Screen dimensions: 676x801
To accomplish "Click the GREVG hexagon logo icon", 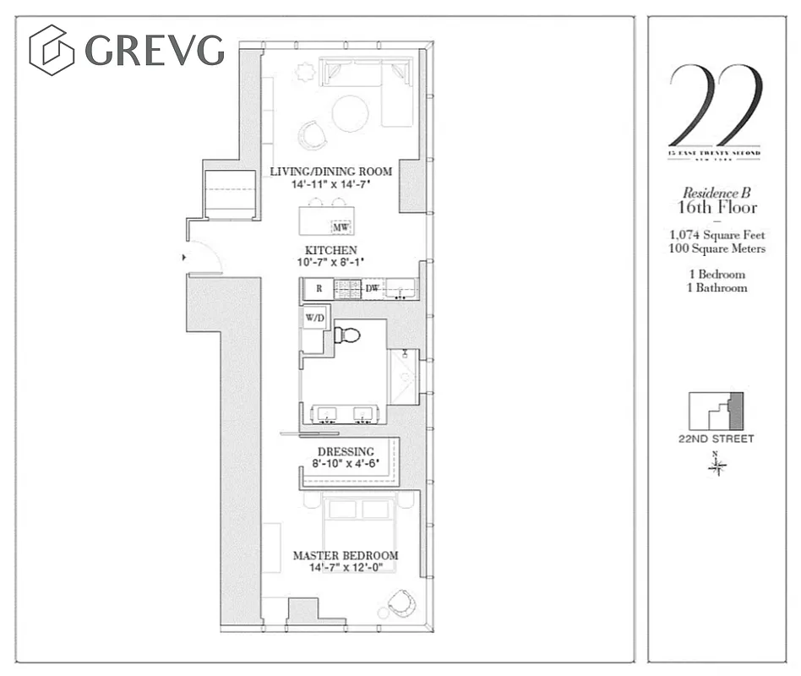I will [x=52, y=50].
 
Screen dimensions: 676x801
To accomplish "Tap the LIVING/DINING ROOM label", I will [x=331, y=172].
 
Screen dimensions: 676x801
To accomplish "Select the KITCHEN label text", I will [x=331, y=250].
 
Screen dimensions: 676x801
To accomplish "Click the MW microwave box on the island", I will [x=341, y=227].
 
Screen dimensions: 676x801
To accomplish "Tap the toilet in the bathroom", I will [x=346, y=335].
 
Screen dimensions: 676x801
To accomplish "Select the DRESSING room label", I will [x=346, y=452].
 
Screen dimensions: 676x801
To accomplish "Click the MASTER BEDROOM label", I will [x=346, y=555].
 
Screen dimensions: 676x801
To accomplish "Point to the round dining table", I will [x=350, y=113].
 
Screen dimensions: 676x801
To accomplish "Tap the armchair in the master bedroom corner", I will [x=401, y=603].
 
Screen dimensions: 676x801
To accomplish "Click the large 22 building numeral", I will [x=715, y=105].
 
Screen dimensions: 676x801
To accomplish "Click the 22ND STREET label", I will [x=716, y=439].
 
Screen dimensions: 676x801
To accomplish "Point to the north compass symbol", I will [x=717, y=466].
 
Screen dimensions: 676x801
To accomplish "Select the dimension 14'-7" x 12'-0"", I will [x=346, y=568].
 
